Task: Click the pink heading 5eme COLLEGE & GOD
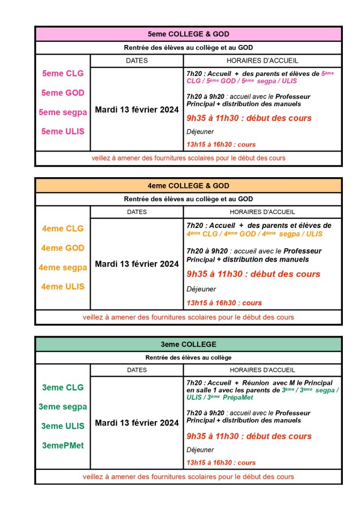(188, 34)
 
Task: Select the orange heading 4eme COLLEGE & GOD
(188, 186)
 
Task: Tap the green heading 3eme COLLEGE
(188, 344)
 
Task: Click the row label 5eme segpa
(63, 112)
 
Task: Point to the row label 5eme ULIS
(63, 131)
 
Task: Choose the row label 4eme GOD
(63, 248)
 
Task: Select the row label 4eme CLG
(63, 229)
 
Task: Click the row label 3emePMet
(63, 445)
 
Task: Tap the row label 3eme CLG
(63, 387)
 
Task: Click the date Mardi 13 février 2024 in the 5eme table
(137, 110)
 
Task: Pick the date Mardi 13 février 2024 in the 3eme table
(137, 423)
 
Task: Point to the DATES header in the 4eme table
(137, 212)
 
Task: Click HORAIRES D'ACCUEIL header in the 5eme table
(262, 60)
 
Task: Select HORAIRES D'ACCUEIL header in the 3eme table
(262, 370)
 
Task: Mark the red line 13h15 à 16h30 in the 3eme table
(221, 462)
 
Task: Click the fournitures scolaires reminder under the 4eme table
(188, 317)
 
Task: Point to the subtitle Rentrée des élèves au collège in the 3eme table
(188, 357)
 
